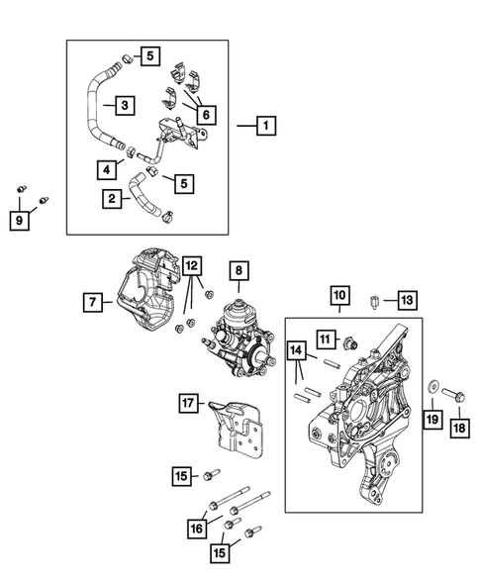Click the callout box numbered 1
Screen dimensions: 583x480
click(264, 127)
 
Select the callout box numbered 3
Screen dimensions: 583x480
click(124, 105)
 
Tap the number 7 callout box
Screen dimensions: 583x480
click(92, 303)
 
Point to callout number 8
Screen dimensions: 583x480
click(238, 269)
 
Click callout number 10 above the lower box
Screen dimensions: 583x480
click(338, 295)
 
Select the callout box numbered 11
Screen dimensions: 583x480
click(324, 340)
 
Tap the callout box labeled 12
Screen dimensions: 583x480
click(191, 265)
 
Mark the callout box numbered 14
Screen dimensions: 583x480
click(296, 350)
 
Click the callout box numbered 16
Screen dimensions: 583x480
click(214, 530)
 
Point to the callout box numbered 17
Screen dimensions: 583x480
click(185, 403)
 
